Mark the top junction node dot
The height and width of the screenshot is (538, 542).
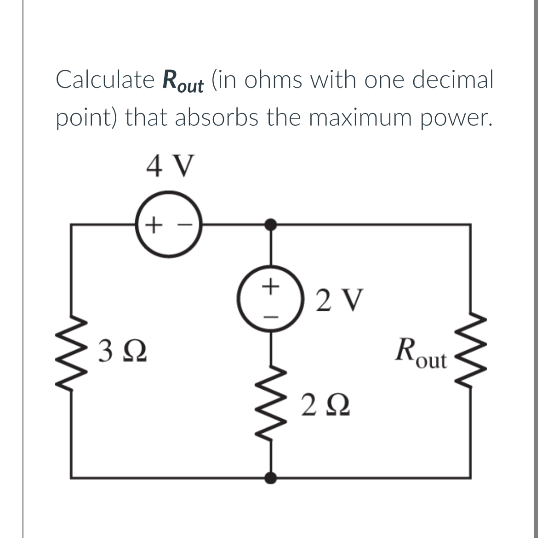271,224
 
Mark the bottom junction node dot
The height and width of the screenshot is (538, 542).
271,477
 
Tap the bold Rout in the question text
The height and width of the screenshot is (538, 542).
183,82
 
